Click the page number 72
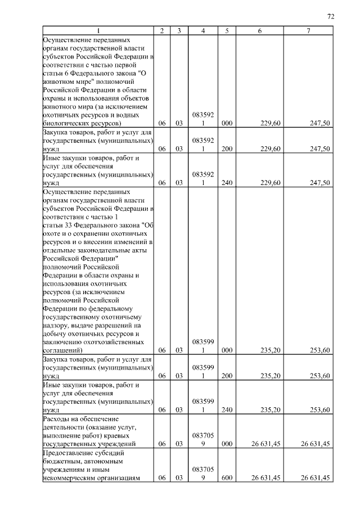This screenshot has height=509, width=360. (x=331, y=17)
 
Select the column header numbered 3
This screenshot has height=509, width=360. (x=178, y=31)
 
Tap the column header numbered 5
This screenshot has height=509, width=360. (x=227, y=31)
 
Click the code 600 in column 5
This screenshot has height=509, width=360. (x=227, y=478)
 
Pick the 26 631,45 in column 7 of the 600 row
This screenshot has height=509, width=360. (x=315, y=478)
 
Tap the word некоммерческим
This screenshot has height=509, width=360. (x=70, y=478)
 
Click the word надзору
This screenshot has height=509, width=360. (x=56, y=325)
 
